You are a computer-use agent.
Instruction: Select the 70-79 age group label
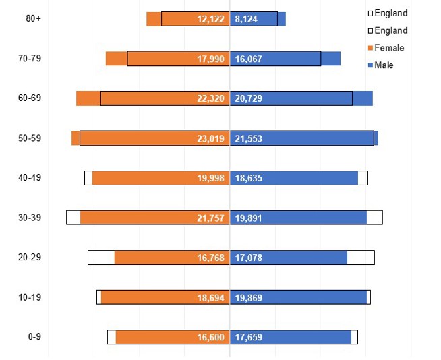pos(30,59)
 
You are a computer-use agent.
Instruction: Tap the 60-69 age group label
pos(30,98)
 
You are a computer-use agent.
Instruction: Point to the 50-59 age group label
pos(30,138)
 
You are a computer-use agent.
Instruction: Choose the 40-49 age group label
pos(30,178)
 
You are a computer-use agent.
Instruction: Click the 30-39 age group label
pos(30,218)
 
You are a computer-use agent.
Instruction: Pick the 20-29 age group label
pos(30,258)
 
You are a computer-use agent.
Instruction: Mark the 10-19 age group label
pos(30,297)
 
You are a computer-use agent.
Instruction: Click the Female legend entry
pos(389,48)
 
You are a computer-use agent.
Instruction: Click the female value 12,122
pos(210,20)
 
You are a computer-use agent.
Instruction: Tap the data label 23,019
pos(210,139)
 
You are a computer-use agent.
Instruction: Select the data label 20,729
pos(249,99)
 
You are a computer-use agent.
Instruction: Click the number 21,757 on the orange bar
pos(210,218)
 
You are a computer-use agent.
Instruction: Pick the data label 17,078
pos(249,258)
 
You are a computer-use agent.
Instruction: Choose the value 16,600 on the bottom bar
pos(210,338)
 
